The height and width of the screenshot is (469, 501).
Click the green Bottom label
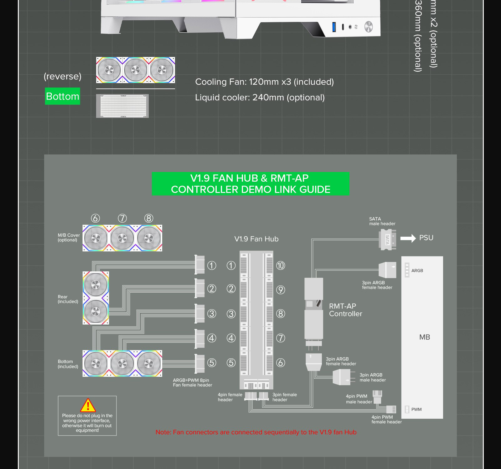tap(62, 96)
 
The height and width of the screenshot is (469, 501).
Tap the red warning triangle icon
tap(88, 405)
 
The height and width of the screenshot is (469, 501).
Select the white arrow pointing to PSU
tap(408, 238)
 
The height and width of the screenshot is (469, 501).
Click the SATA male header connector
tap(387, 240)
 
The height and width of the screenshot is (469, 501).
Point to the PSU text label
tap(426, 238)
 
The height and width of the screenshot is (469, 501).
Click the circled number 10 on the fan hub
tap(281, 266)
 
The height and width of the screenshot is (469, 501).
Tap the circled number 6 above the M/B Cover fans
tap(96, 218)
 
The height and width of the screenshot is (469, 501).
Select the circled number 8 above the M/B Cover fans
tap(149, 218)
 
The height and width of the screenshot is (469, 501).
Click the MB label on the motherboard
tap(425, 337)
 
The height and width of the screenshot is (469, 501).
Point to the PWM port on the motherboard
tap(407, 409)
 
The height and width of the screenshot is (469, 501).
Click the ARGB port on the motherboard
tap(407, 270)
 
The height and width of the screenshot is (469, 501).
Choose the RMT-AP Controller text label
tap(345, 310)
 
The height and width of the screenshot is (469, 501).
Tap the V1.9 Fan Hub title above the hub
tap(256, 239)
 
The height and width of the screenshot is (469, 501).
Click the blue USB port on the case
tap(334, 27)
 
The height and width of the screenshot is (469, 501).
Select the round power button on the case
tap(369, 27)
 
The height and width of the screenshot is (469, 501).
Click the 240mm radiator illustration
tap(122, 106)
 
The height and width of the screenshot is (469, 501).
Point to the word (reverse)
tap(63, 76)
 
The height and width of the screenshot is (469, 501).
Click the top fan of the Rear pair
tap(96, 285)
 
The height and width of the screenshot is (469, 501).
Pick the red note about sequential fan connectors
tap(256, 432)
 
